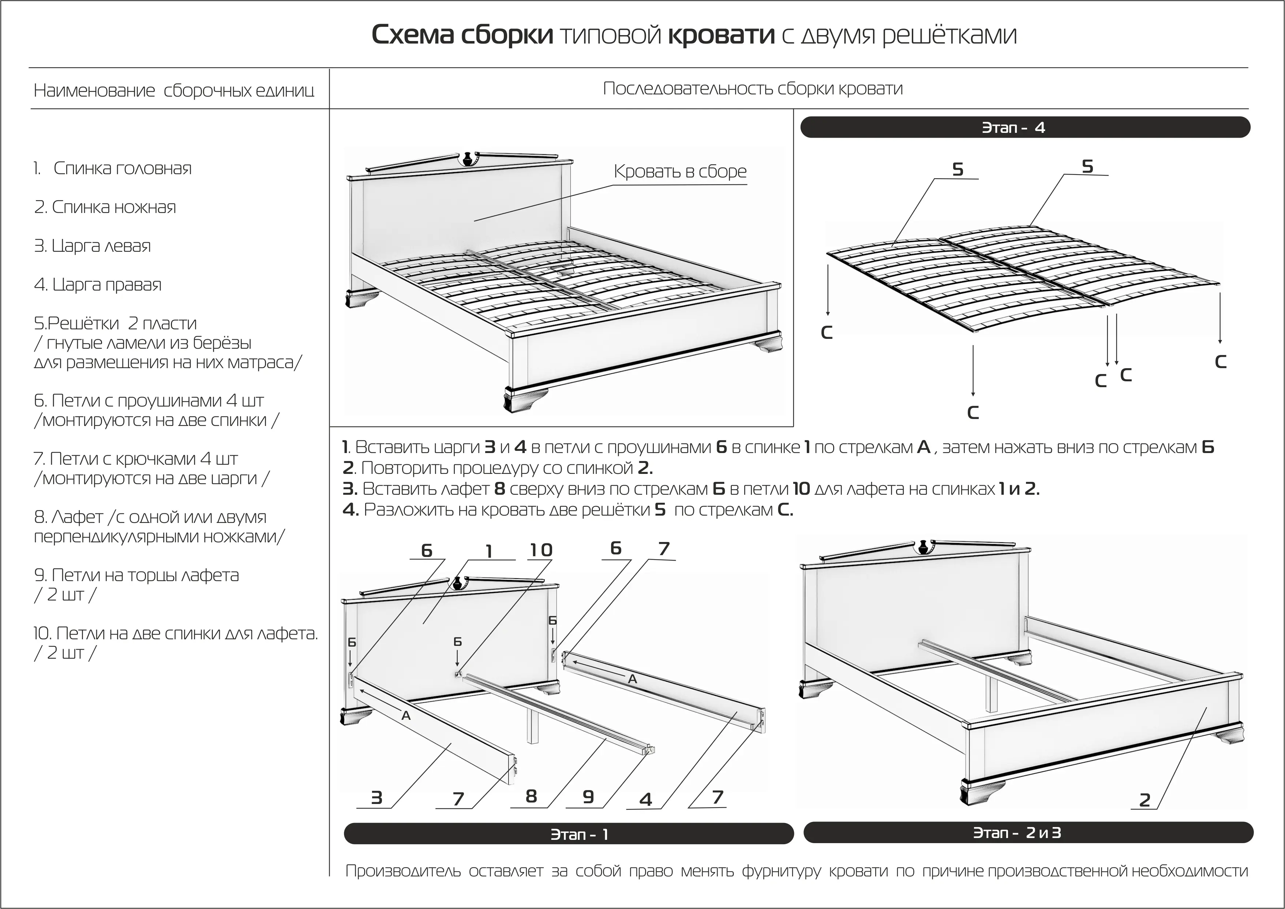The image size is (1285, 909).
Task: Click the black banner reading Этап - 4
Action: click(x=1025, y=128)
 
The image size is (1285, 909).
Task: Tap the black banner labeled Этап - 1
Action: click(x=568, y=834)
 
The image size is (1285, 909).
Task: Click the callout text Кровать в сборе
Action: click(x=680, y=171)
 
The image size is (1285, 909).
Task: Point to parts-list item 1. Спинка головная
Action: click(x=112, y=168)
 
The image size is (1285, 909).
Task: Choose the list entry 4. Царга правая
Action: click(x=98, y=285)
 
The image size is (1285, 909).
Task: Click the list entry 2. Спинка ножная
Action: click(x=105, y=207)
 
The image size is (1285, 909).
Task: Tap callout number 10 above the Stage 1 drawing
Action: click(x=541, y=550)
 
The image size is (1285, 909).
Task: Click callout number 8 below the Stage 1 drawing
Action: click(x=531, y=796)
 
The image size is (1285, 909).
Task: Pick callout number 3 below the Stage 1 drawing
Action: click(x=376, y=798)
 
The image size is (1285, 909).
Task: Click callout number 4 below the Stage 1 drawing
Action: click(x=645, y=799)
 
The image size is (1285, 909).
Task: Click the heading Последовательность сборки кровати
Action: click(x=753, y=89)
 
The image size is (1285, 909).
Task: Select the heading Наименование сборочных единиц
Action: click(x=173, y=91)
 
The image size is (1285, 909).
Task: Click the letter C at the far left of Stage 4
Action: click(x=827, y=333)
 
